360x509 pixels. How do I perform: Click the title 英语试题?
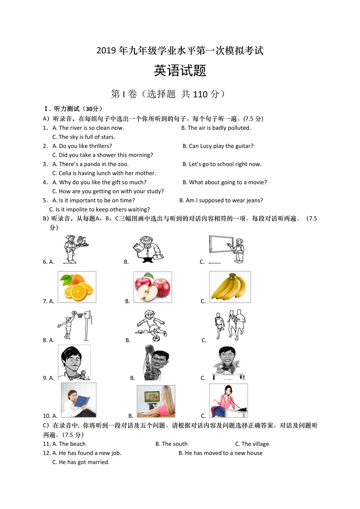pyautogui.click(x=180, y=71)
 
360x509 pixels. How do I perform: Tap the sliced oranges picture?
pyautogui.click(x=77, y=287)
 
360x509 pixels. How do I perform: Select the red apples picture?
pyautogui.click(x=153, y=287)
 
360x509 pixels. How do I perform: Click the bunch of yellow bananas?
pyautogui.click(x=230, y=287)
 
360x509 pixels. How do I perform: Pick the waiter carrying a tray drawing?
pyautogui.click(x=76, y=249)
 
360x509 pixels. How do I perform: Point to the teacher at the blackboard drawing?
pyautogui.click(x=227, y=249)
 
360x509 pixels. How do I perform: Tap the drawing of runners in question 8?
pyautogui.click(x=230, y=325)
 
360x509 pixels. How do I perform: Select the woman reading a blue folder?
pyautogui.click(x=79, y=400)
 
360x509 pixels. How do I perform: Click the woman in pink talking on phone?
pyautogui.click(x=229, y=401)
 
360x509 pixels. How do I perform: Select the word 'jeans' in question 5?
pyautogui.click(x=254, y=201)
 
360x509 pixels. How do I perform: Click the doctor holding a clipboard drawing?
pyautogui.click(x=148, y=249)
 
